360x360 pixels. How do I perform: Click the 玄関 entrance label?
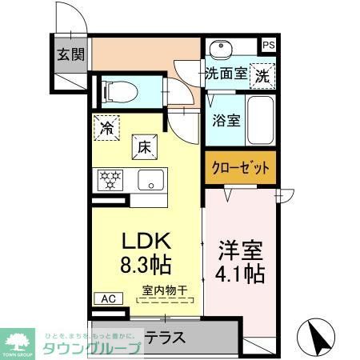tap(69, 56)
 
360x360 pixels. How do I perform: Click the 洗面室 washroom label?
tap(225, 75)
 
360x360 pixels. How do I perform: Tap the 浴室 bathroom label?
tap(226, 121)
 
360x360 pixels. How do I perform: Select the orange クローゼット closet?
tap(240, 168)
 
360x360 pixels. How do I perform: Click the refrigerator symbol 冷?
tap(106, 126)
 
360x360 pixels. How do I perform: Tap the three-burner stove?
tap(109, 180)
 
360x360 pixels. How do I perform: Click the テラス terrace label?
tap(166, 337)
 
